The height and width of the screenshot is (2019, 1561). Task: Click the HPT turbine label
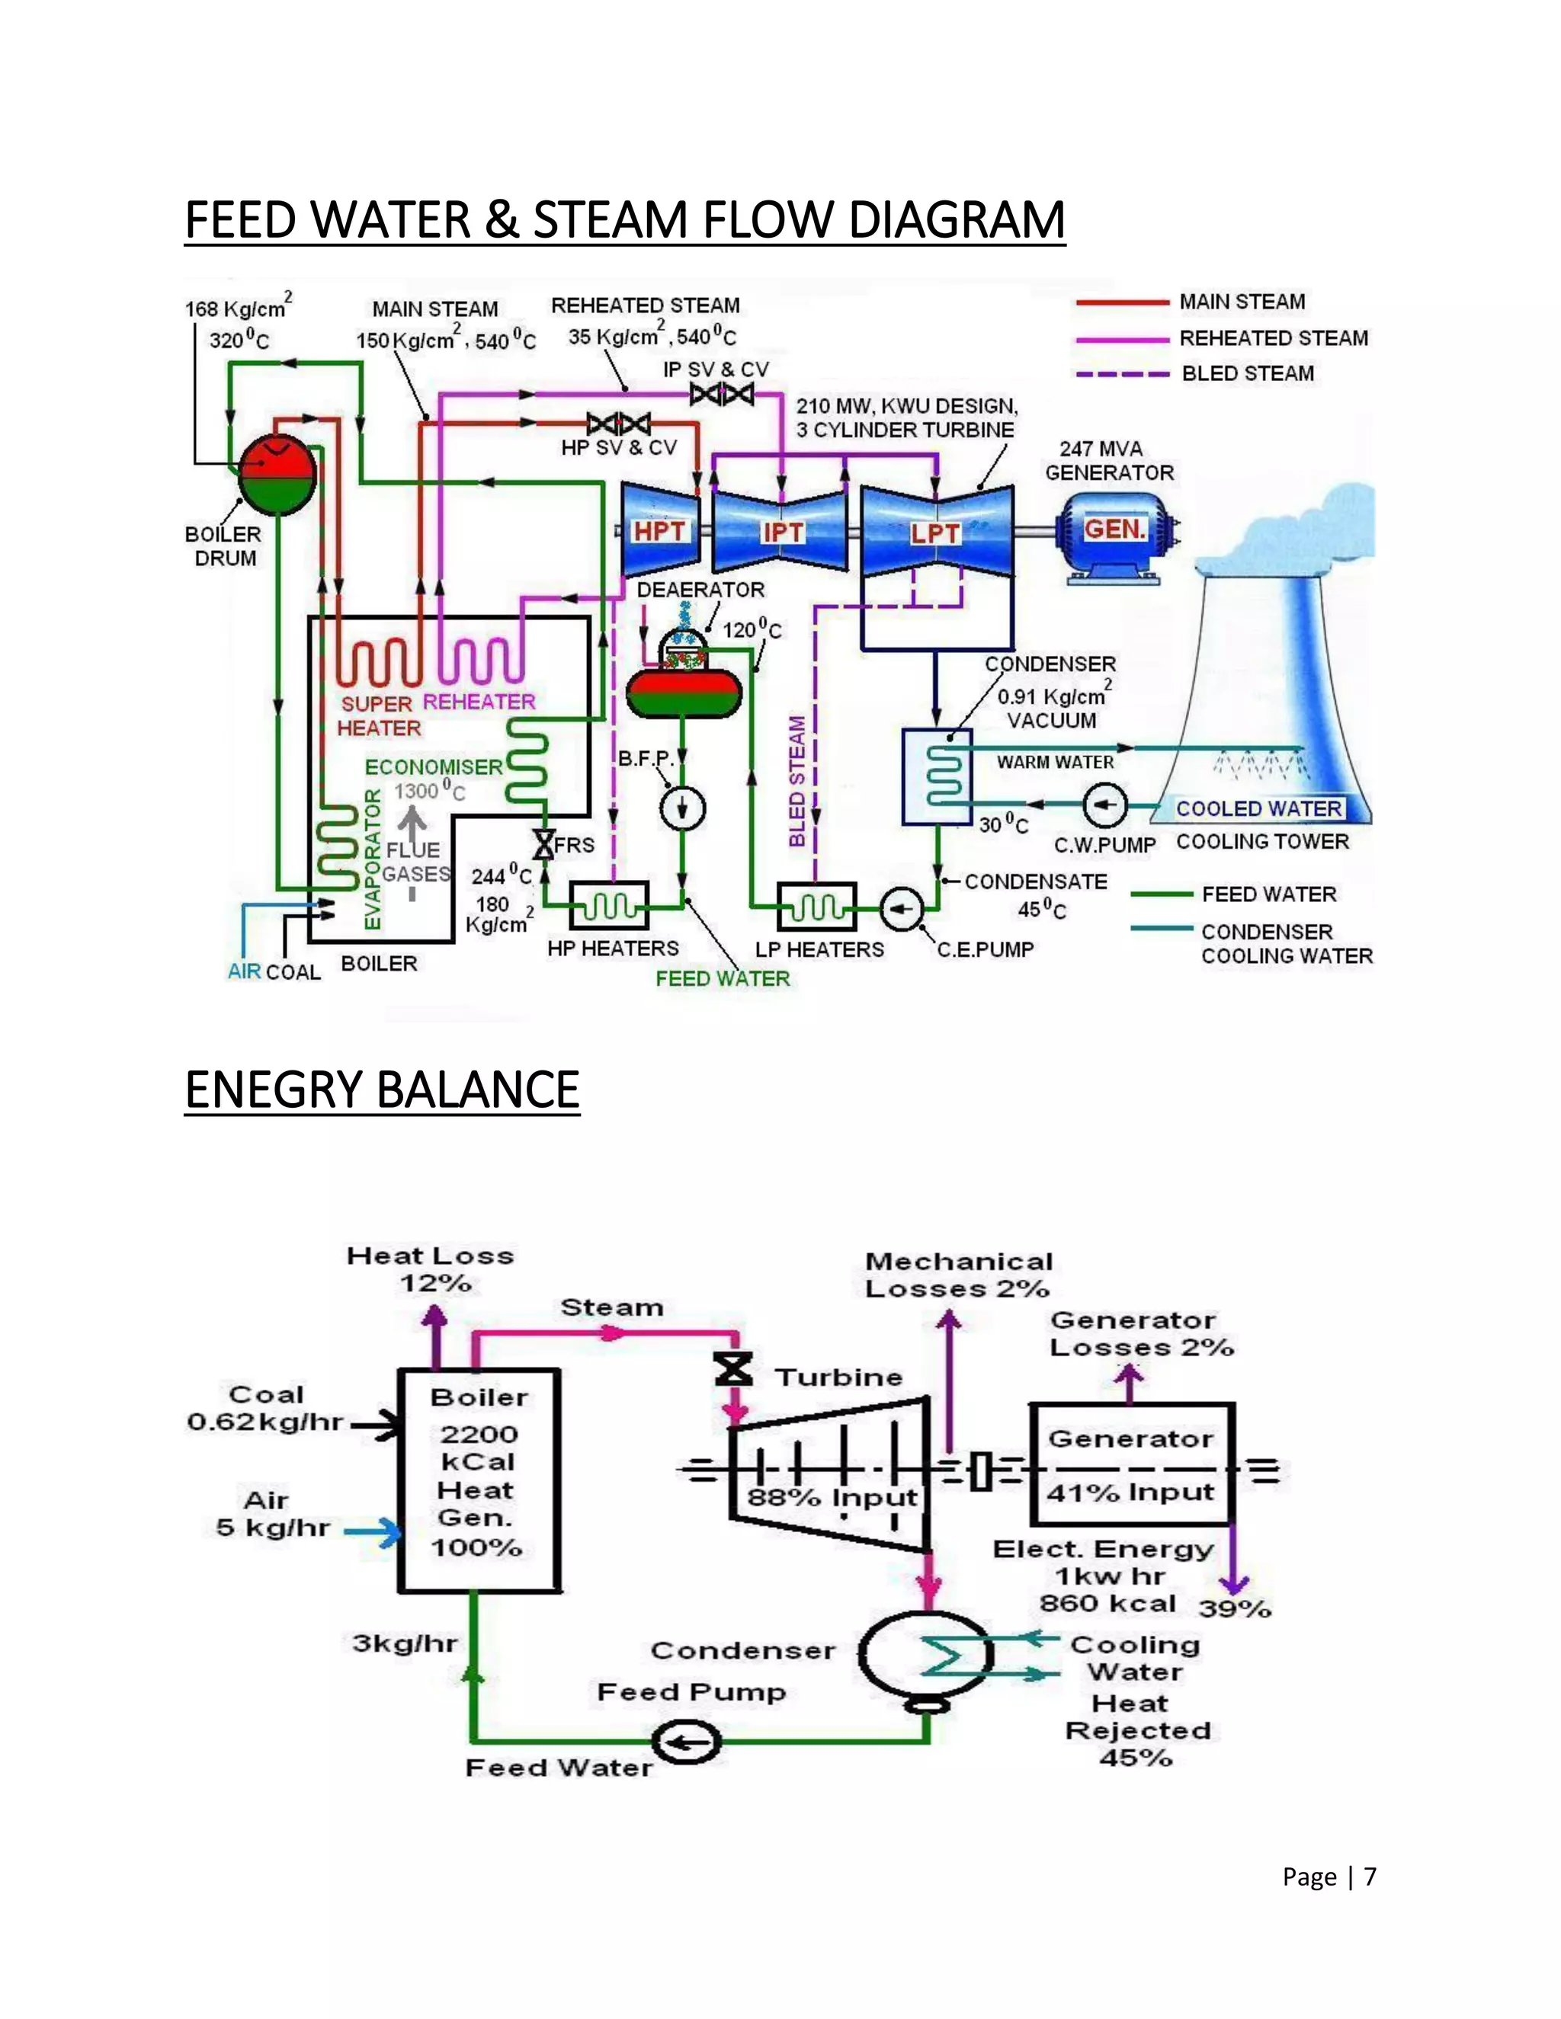pos(659,532)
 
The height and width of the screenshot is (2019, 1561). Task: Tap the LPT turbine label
pos(935,534)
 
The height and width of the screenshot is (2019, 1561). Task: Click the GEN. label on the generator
pos(1115,530)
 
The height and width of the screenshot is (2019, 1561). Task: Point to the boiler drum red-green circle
pos(277,474)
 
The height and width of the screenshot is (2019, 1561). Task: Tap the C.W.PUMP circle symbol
pos(1104,805)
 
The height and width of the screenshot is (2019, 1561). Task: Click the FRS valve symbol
pos(543,844)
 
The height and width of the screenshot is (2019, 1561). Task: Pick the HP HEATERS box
pos(608,905)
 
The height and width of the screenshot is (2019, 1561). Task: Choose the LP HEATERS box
pos(816,906)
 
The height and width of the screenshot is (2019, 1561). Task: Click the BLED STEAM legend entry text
pos(1248,373)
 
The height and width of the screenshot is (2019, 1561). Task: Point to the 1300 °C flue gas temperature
pos(429,792)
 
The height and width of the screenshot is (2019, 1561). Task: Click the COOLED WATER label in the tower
pos(1258,809)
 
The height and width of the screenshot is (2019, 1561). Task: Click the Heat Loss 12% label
pos(431,1269)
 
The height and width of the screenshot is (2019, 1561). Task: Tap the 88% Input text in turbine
pos(832,1498)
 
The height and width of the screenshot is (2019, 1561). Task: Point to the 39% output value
pos(1235,1609)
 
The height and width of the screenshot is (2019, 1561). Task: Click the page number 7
pos(1370,1877)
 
